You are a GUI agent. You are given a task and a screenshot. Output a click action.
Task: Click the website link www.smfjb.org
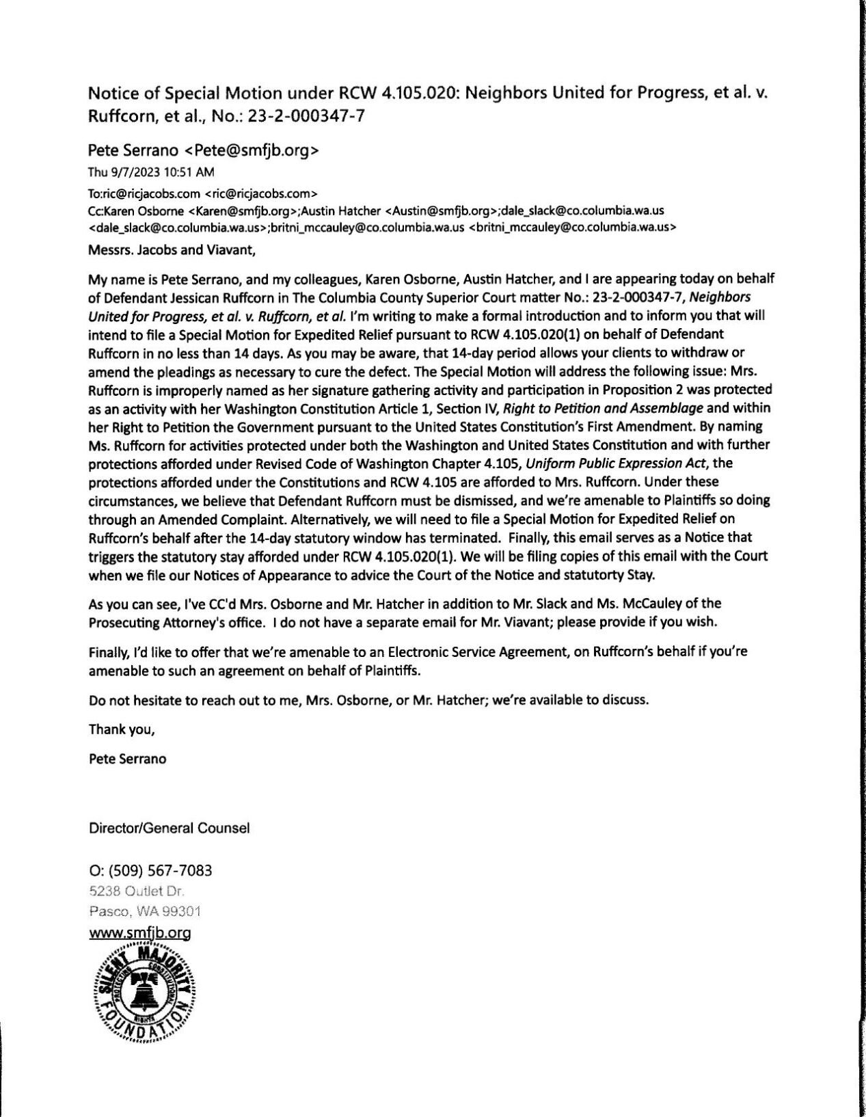[x=140, y=932]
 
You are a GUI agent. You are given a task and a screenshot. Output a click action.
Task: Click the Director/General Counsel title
[x=169, y=828]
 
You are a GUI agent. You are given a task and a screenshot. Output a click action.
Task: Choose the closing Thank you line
[x=122, y=729]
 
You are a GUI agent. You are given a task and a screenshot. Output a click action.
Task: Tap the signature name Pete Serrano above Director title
[x=127, y=758]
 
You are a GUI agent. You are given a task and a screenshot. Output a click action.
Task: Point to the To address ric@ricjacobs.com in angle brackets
[x=262, y=193]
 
